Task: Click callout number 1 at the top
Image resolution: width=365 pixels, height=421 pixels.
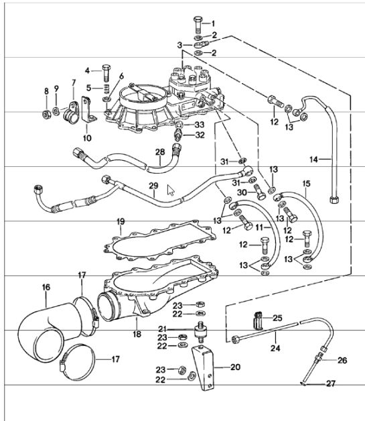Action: coord(214,23)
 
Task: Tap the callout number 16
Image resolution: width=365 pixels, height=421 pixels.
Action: coord(46,287)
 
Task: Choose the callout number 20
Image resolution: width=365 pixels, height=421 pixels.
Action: coord(234,367)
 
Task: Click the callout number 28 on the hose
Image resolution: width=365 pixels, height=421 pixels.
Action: coord(159,152)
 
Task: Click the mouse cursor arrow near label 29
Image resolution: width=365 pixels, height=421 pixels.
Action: coord(171,190)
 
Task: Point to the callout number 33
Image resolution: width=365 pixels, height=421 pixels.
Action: coord(198,125)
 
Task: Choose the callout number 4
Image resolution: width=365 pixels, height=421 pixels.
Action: coord(88,70)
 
